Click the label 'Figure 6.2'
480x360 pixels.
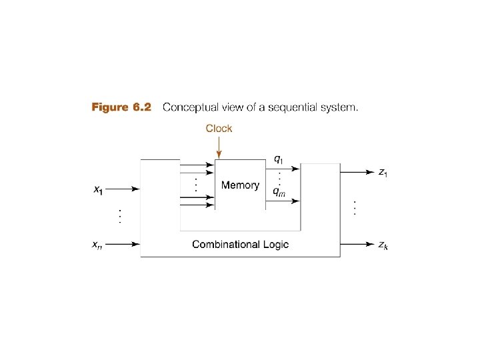coord(121,107)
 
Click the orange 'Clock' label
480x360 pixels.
coord(219,129)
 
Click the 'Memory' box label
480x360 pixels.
coord(240,185)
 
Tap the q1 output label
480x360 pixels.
coord(279,159)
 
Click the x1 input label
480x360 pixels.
coord(97,190)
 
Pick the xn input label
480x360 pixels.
coord(97,245)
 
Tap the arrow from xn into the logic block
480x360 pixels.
coord(123,245)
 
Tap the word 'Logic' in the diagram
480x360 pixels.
coord(275,245)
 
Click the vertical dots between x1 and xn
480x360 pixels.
coord(119,216)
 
